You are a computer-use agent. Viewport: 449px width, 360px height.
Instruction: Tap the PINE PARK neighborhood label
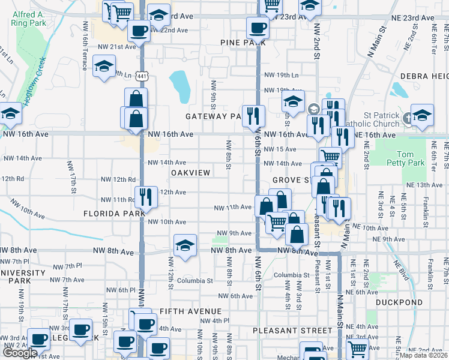pos(238,43)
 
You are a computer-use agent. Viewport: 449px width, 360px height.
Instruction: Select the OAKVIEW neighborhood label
pos(191,172)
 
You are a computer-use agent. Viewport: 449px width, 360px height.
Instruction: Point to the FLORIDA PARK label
pos(114,214)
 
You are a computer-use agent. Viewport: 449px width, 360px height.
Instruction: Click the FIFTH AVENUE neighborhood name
pos(191,311)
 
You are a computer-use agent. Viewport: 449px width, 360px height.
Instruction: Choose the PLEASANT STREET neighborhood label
pos(292,331)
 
